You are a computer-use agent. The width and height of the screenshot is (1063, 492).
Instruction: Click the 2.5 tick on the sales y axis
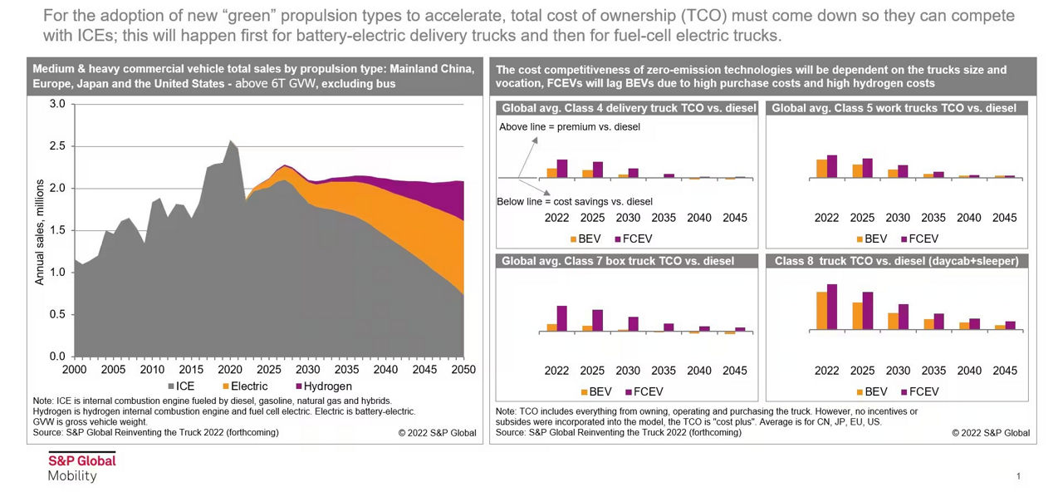58,146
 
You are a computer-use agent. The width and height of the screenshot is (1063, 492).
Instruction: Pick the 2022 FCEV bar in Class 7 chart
562,318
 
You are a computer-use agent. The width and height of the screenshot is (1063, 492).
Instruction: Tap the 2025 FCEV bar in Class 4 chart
598,170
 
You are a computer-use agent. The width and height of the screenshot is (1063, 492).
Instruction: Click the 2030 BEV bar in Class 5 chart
893,174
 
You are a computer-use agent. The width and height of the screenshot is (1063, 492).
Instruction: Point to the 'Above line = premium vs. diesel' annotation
569,127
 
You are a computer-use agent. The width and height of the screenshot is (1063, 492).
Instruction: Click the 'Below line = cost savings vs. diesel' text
574,201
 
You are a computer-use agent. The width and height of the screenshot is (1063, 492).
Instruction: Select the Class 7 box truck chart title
618,261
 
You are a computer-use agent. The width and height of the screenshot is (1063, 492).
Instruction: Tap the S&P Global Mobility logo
81,468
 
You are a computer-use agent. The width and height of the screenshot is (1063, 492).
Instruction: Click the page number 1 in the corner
1018,476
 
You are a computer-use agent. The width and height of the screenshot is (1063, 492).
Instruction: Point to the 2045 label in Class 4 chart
734,218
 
